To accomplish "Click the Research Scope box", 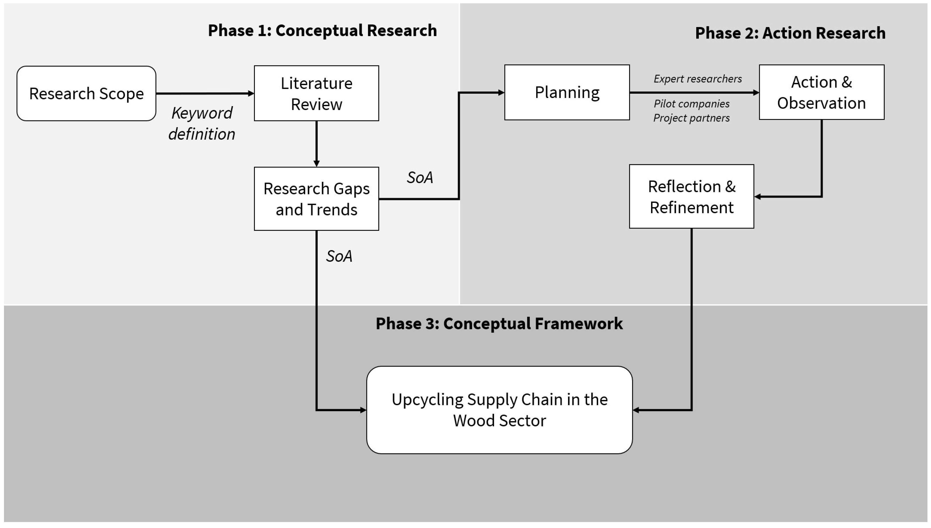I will coord(86,94).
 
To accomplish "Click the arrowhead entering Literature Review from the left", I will coord(251,94).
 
